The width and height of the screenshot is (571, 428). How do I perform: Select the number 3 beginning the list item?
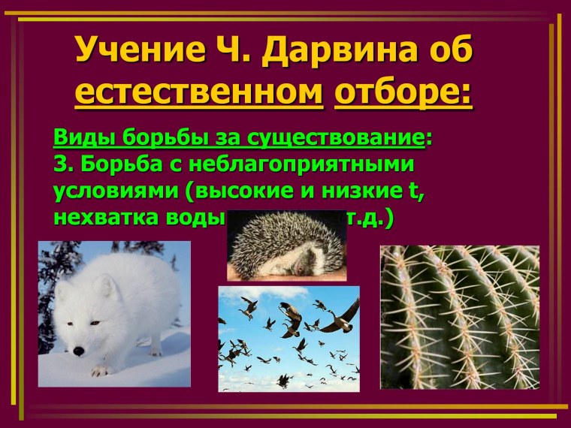tap(60, 164)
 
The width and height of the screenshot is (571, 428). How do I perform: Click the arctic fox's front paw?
tap(100, 369)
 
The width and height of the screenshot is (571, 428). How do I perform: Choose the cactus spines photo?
tap(459, 316)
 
